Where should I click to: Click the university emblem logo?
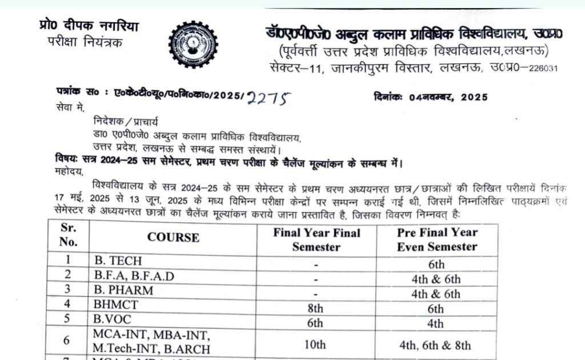click(x=193, y=44)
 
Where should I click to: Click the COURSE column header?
click(x=173, y=237)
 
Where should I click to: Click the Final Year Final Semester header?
click(x=316, y=240)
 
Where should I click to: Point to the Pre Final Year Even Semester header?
click(x=437, y=240)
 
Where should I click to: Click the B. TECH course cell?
click(x=118, y=261)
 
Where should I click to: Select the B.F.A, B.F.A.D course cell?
click(x=134, y=276)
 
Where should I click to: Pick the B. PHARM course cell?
click(x=124, y=290)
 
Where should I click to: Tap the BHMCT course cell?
click(x=117, y=305)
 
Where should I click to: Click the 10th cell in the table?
click(x=315, y=345)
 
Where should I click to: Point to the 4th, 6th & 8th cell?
click(x=436, y=345)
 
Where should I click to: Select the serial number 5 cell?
click(x=67, y=319)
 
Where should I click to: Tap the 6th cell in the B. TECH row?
click(x=436, y=265)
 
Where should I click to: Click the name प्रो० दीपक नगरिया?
click(x=89, y=26)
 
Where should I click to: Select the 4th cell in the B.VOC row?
click(x=436, y=323)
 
